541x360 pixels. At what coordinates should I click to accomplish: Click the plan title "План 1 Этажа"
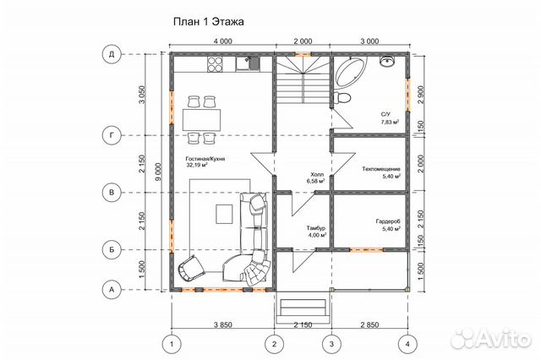click(x=209, y=22)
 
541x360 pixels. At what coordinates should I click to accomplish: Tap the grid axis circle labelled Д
click(x=112, y=54)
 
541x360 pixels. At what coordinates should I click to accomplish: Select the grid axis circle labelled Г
click(x=112, y=135)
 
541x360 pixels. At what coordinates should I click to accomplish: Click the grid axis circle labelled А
click(x=112, y=290)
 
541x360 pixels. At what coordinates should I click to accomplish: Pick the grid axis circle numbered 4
click(x=407, y=344)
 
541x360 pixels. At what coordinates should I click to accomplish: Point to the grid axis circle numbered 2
click(x=274, y=344)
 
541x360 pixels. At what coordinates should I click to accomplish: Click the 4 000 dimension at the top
click(x=222, y=41)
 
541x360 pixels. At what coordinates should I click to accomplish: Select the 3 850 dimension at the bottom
click(x=223, y=325)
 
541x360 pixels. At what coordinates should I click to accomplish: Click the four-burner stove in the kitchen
click(x=215, y=63)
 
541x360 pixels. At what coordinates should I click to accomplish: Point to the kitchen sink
click(x=248, y=63)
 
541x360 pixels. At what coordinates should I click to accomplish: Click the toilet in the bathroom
click(x=342, y=97)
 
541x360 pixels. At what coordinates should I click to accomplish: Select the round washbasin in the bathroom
click(x=387, y=62)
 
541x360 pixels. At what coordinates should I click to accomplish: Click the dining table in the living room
click(x=201, y=120)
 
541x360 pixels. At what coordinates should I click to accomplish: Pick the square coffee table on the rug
click(x=224, y=214)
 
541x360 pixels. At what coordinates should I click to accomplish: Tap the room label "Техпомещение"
click(x=381, y=169)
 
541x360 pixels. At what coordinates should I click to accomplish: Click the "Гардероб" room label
click(x=388, y=221)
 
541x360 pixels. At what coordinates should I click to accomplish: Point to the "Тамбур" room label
click(x=315, y=228)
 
